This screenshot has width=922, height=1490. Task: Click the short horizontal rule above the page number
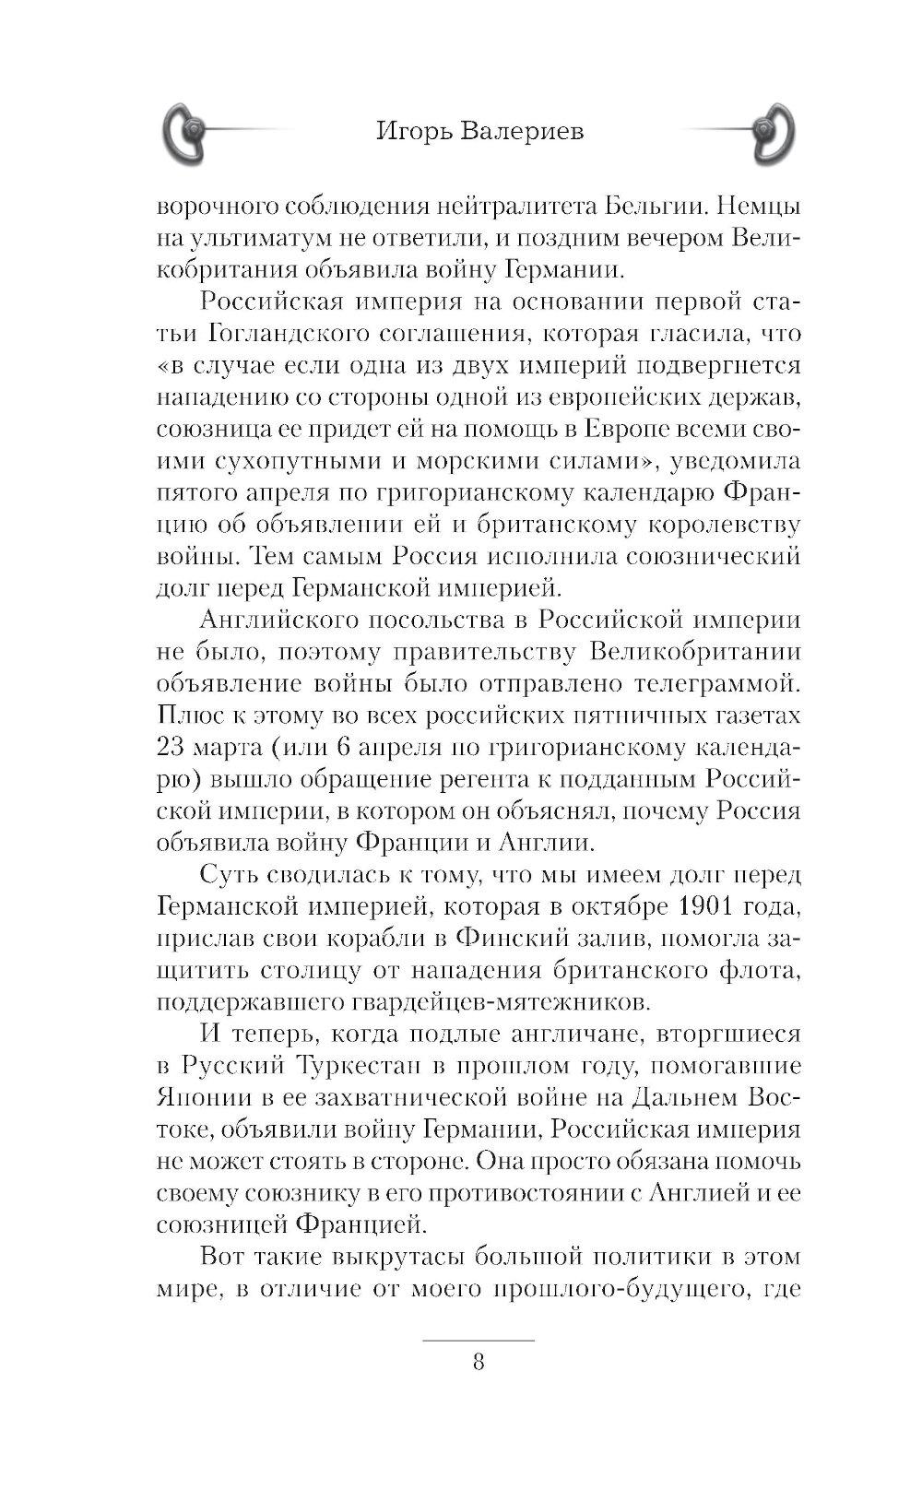(x=478, y=1339)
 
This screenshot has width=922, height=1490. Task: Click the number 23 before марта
(x=173, y=748)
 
